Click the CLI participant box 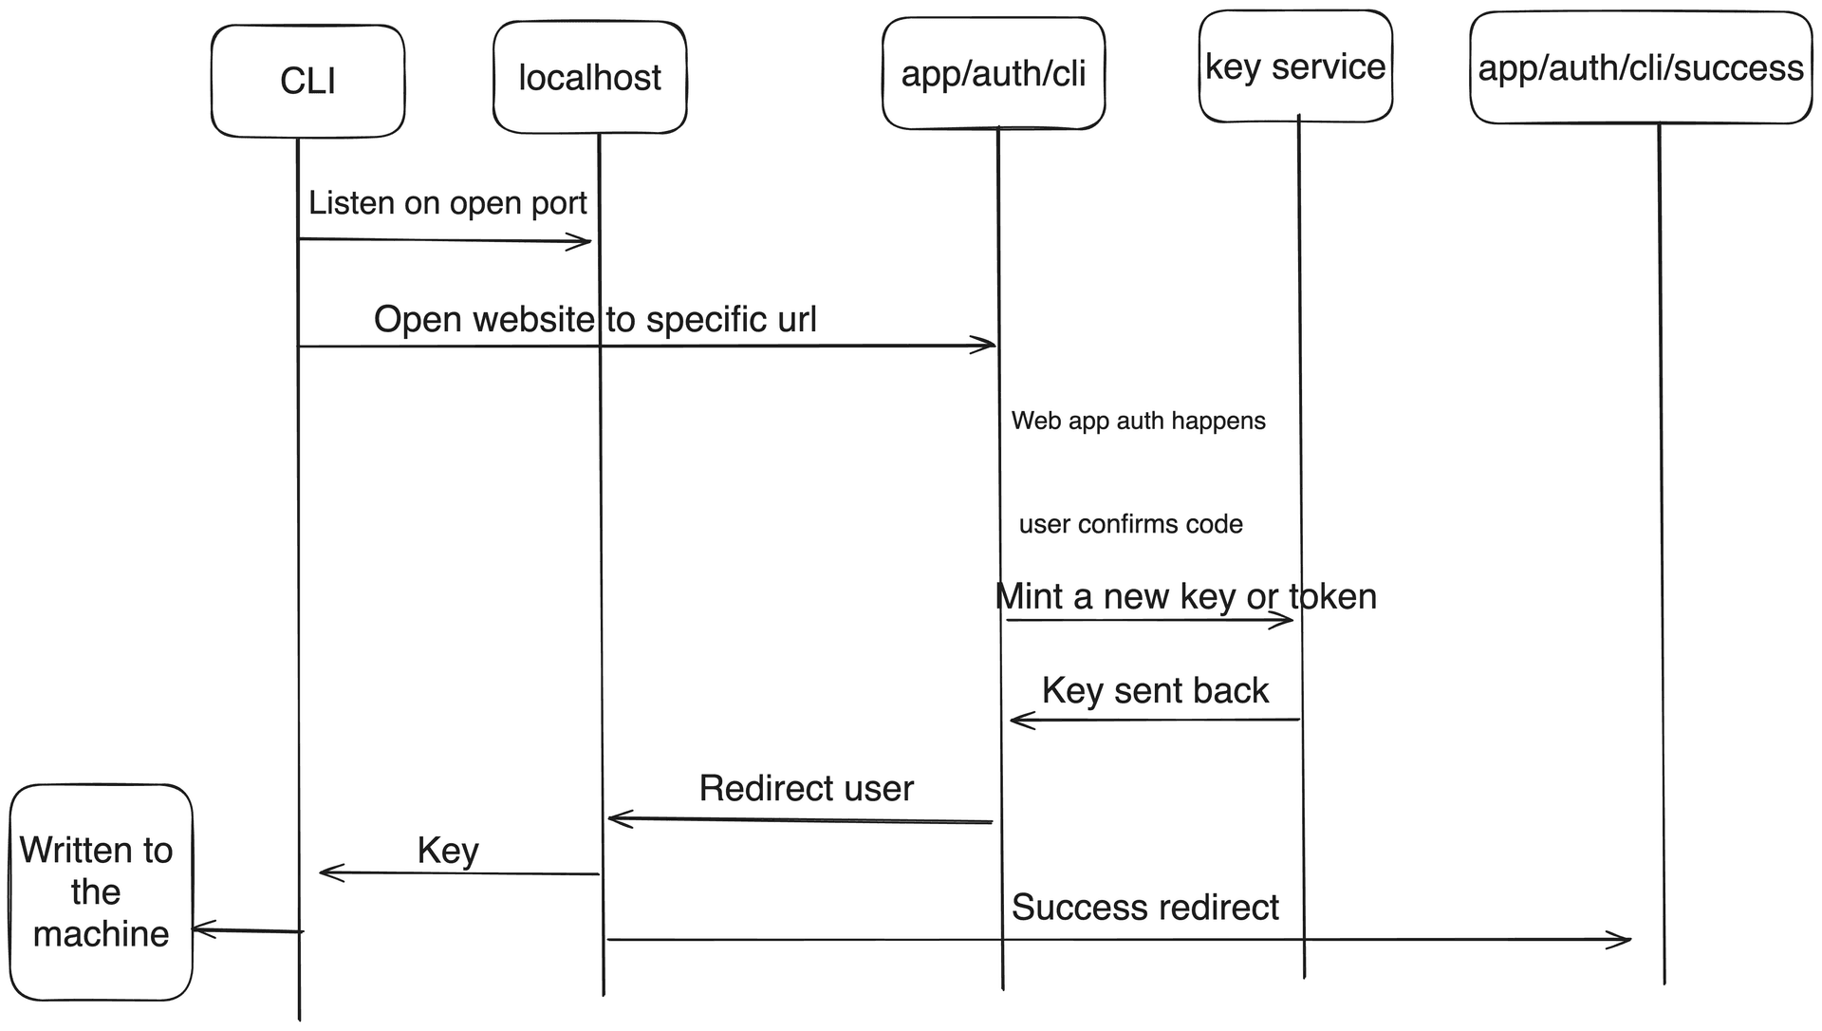pyautogui.click(x=307, y=81)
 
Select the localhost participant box pyautogui.click(x=589, y=78)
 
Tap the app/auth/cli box pyautogui.click(x=993, y=73)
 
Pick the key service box pyautogui.click(x=1295, y=66)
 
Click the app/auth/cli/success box pyautogui.click(x=1640, y=68)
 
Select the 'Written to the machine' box pyautogui.click(x=100, y=891)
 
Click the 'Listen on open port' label pyautogui.click(x=447, y=202)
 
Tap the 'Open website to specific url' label pyautogui.click(x=595, y=319)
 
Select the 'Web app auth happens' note pyautogui.click(x=1138, y=421)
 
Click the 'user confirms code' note pyautogui.click(x=1130, y=524)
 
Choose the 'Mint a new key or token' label pyautogui.click(x=1185, y=596)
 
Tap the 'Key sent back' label pyautogui.click(x=1155, y=690)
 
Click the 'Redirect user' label pyautogui.click(x=806, y=788)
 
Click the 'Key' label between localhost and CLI pyautogui.click(x=448, y=850)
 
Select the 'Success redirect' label pyautogui.click(x=1144, y=907)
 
